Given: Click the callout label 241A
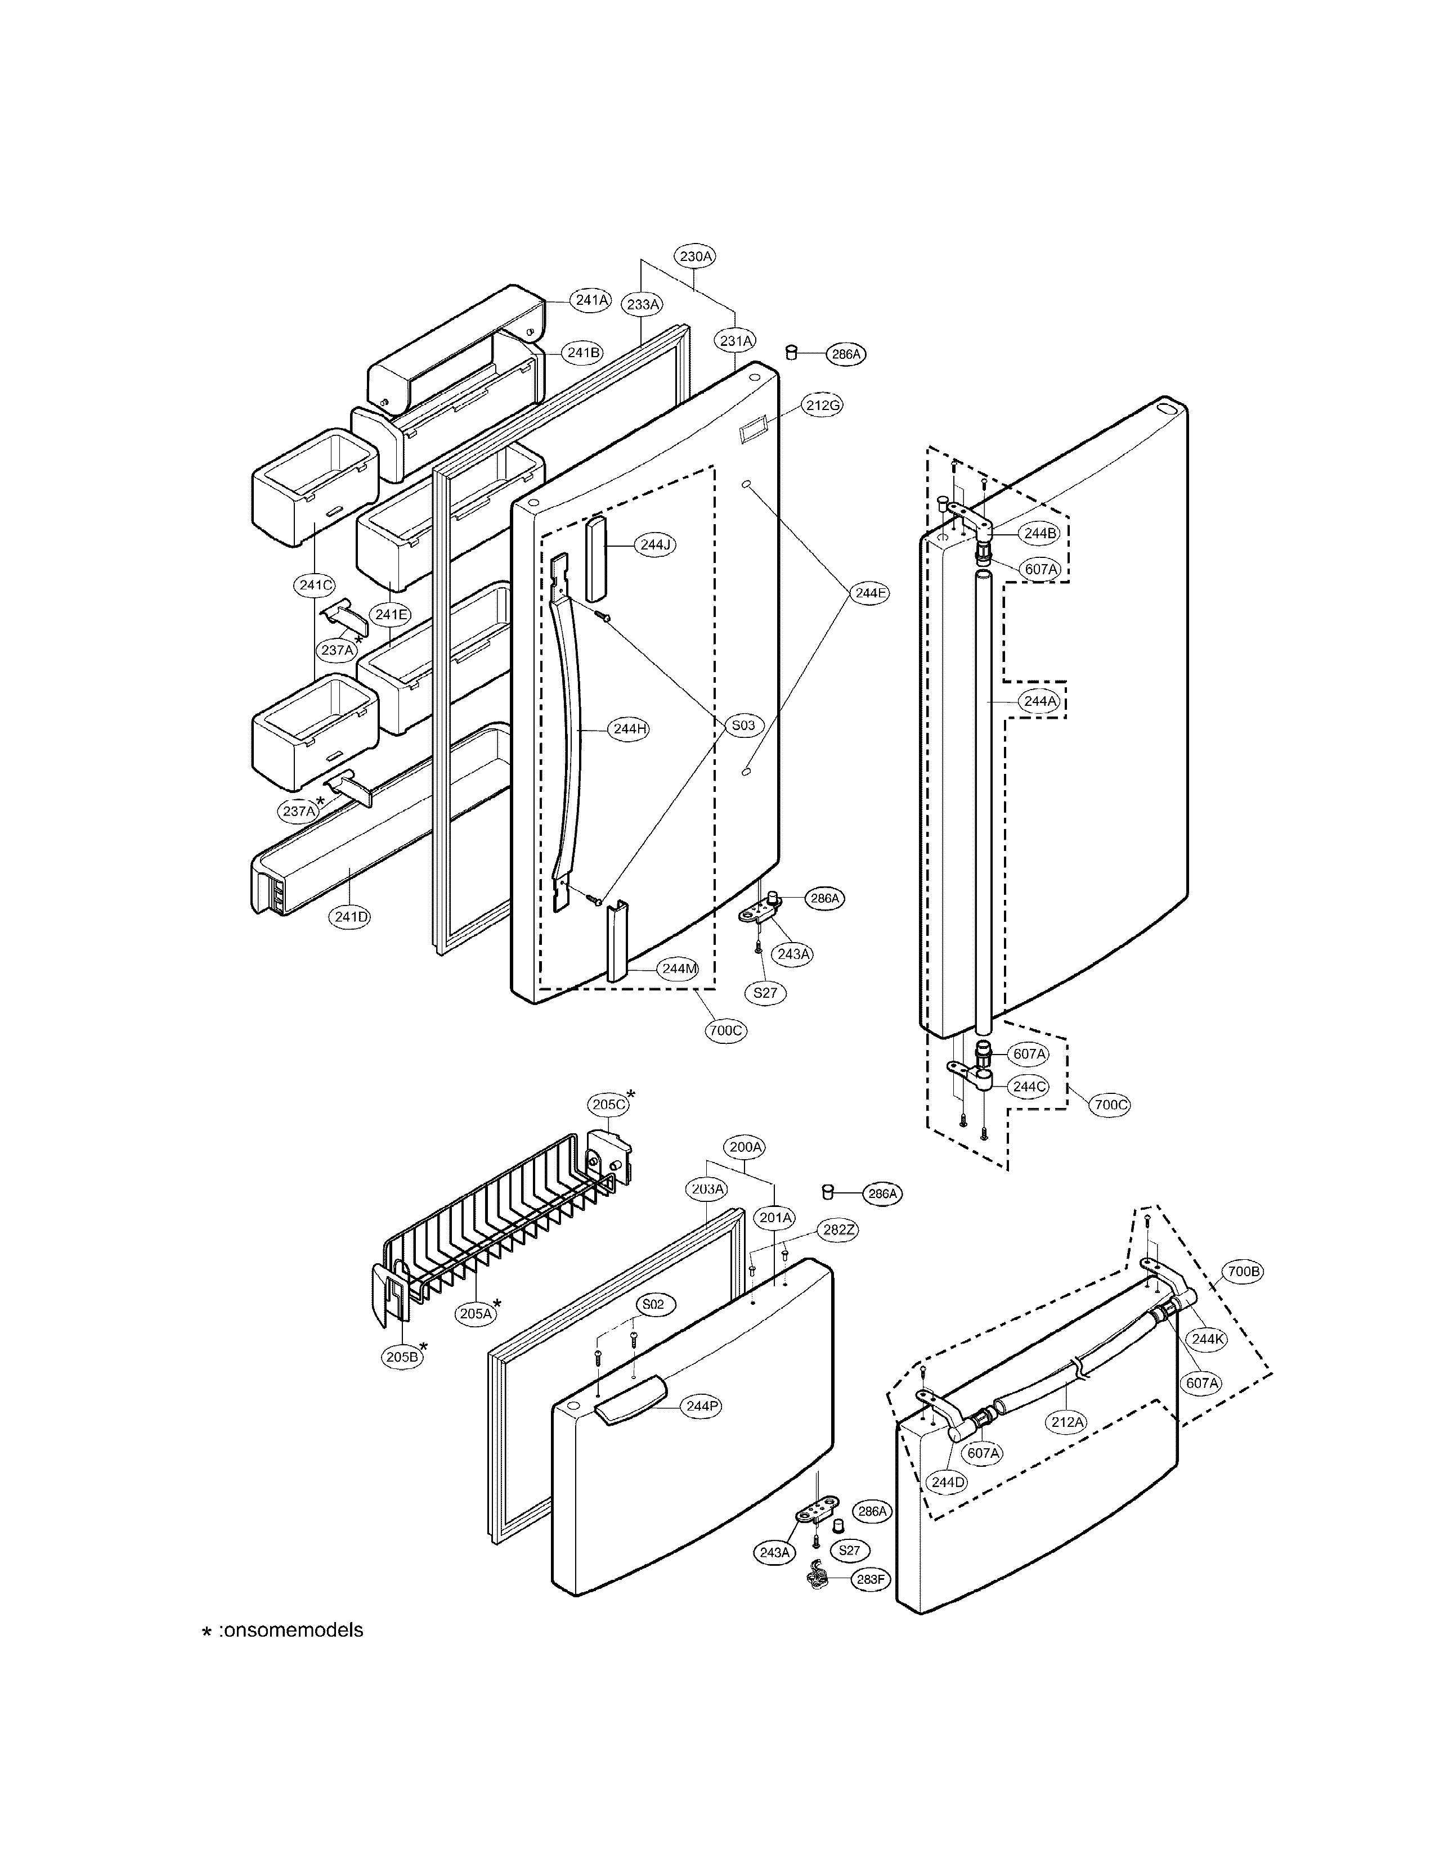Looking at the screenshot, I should click(x=591, y=300).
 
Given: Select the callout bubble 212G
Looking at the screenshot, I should click(x=823, y=406).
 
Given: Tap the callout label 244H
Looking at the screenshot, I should click(x=630, y=728).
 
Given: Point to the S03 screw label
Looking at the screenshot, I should click(x=743, y=725).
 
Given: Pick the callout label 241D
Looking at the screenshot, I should click(x=351, y=917).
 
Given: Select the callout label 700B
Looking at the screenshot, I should click(x=1243, y=1296).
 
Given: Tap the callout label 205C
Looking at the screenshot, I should click(x=609, y=1105).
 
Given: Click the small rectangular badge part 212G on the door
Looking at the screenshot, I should click(x=751, y=432).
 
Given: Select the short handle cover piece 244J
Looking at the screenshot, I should click(x=596, y=546).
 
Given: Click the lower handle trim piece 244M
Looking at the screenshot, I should click(x=616, y=941).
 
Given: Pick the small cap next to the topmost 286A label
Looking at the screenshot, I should click(x=791, y=352).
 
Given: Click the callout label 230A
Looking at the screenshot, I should click(x=696, y=256).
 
